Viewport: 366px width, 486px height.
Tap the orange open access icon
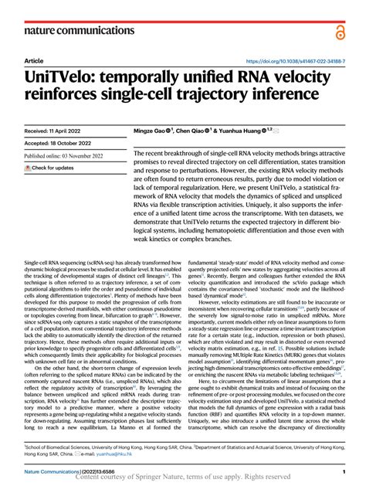coord(340,30)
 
